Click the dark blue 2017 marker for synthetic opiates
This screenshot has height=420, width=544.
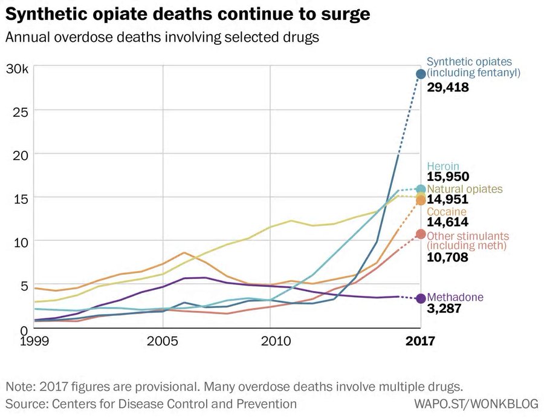pyautogui.click(x=420, y=74)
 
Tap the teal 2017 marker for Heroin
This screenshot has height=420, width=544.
pyautogui.click(x=420, y=189)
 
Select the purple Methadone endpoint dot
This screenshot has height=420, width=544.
pyautogui.click(x=421, y=298)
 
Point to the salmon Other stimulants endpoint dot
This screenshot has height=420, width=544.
pyautogui.click(x=420, y=234)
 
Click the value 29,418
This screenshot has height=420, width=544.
pyautogui.click(x=448, y=87)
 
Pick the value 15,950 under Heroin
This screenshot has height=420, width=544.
pyautogui.click(x=448, y=177)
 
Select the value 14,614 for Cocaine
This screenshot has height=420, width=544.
pyautogui.click(x=448, y=223)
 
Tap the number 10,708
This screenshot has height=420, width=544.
pyautogui.click(x=448, y=257)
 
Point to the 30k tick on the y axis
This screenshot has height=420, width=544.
pyautogui.click(x=17, y=68)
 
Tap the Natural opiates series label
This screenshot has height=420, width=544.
pyautogui.click(x=464, y=189)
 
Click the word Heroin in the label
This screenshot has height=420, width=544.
pyautogui.click(x=443, y=166)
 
